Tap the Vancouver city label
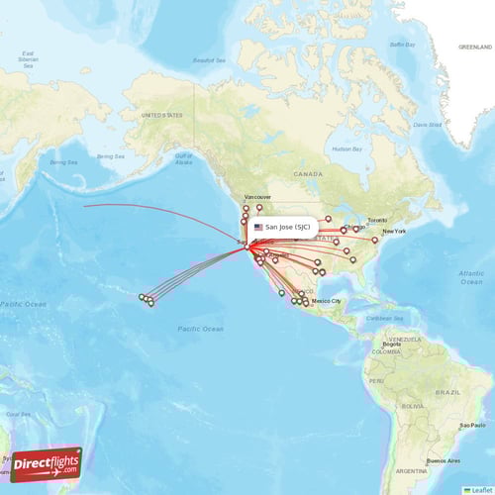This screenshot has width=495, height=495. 256,197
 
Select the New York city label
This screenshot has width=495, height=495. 394,231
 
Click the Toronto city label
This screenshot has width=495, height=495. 378,220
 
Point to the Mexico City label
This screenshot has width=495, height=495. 327,300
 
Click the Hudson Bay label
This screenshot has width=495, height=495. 346,148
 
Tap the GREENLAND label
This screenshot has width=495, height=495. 474,47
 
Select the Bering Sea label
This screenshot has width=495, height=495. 63,161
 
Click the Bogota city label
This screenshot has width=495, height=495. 392,344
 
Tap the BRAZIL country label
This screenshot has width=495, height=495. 450,393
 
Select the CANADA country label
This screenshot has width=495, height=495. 307,173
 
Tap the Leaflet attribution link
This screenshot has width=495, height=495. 479,489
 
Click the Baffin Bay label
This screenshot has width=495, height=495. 402,45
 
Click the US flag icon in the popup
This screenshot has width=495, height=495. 258,227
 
